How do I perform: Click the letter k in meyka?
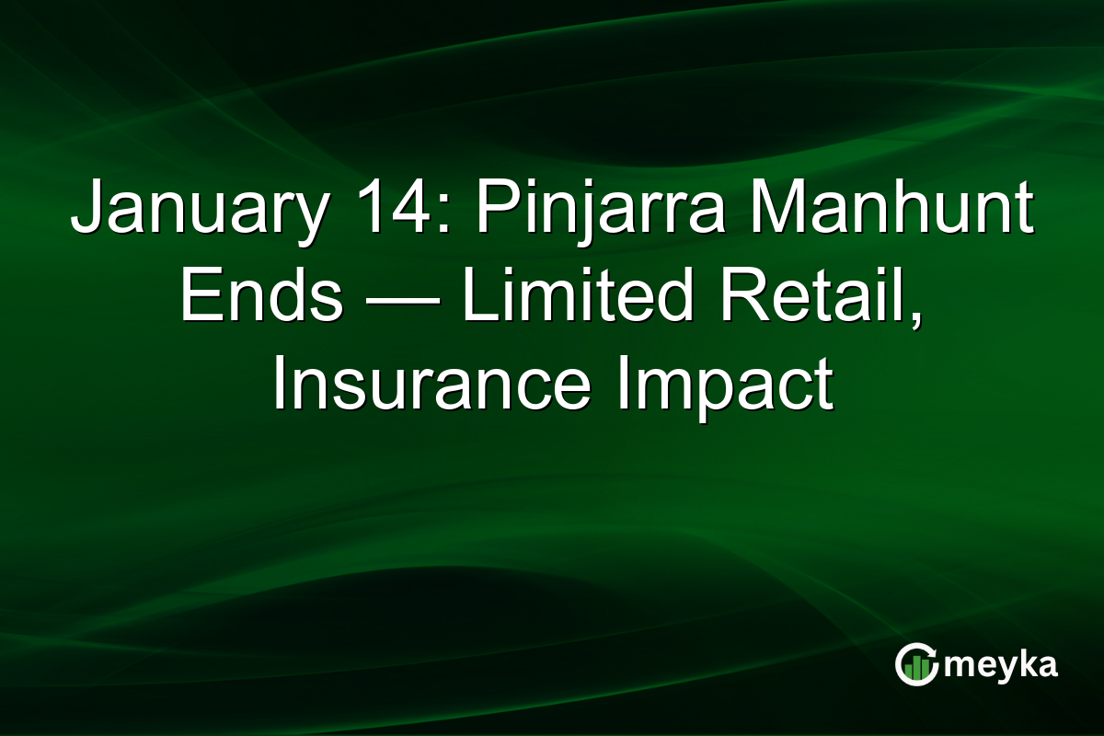pyautogui.click(x=1024, y=663)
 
